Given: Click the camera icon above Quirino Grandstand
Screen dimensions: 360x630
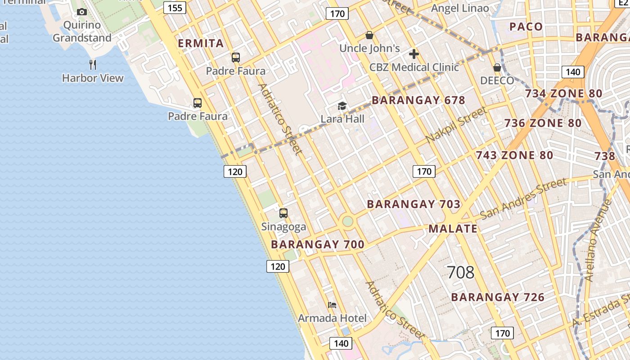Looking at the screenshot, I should point(81,12).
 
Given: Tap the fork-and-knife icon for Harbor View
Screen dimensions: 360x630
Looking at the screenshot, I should point(93,65).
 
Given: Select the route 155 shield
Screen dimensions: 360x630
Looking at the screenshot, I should point(175,8).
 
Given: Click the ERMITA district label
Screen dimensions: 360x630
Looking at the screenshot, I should point(201,43).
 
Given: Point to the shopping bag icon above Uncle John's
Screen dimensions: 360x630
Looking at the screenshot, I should point(369,35).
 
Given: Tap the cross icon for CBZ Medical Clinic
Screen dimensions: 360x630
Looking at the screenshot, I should point(414,54).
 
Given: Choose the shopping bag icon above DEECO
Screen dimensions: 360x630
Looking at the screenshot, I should point(497,68).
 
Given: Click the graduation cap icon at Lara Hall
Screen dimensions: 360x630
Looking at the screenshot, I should point(342,106).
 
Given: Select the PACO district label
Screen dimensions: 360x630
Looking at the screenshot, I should point(526,27).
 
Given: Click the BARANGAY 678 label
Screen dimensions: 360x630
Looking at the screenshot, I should point(418,100).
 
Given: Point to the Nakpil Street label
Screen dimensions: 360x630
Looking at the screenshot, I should point(456,125).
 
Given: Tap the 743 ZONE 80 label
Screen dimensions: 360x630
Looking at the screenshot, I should point(514,155).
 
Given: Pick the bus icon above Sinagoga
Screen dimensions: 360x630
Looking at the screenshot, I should point(283,213).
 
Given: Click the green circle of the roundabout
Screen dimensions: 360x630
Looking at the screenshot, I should point(347,221).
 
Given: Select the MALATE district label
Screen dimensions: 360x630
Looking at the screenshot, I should point(453,229).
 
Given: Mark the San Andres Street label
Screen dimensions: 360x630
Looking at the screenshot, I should point(523,198).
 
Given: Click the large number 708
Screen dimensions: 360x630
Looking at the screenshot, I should point(460,272).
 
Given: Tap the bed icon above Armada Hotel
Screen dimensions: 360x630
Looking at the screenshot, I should point(332,305).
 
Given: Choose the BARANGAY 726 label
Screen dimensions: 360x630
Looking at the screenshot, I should point(498,297).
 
